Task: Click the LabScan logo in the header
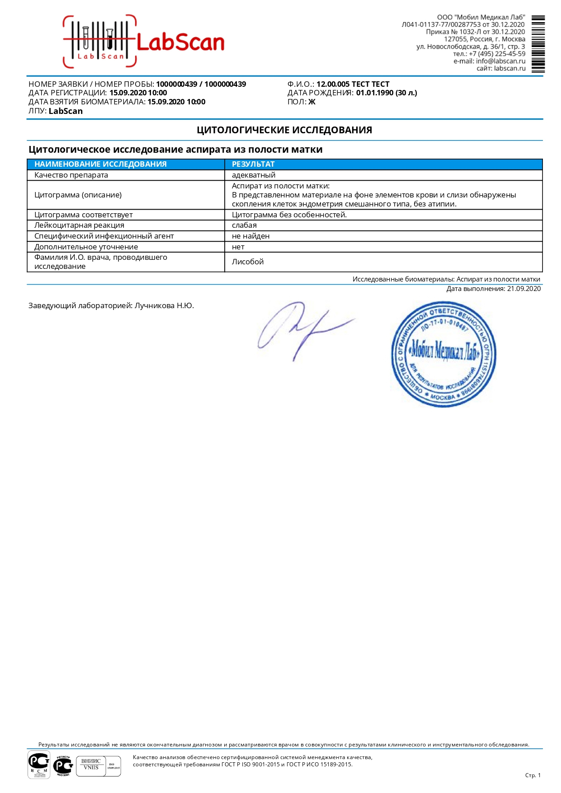tap(144, 42)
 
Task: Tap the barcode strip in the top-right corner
tap(538, 44)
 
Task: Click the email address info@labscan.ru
tap(500, 61)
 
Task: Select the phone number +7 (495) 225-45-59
tap(497, 54)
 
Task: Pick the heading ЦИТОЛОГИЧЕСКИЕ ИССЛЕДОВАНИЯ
tap(284, 130)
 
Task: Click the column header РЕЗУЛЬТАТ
tap(253, 164)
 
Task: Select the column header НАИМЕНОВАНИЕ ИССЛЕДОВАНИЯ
tap(100, 164)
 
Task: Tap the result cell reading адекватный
tap(253, 175)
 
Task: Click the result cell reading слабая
tap(244, 225)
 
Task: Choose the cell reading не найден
tap(250, 236)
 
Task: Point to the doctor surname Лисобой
tap(247, 262)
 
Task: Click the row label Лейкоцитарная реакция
tap(79, 225)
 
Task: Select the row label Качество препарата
tap(71, 175)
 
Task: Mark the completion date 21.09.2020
tap(523, 289)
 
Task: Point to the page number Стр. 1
tap(533, 775)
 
